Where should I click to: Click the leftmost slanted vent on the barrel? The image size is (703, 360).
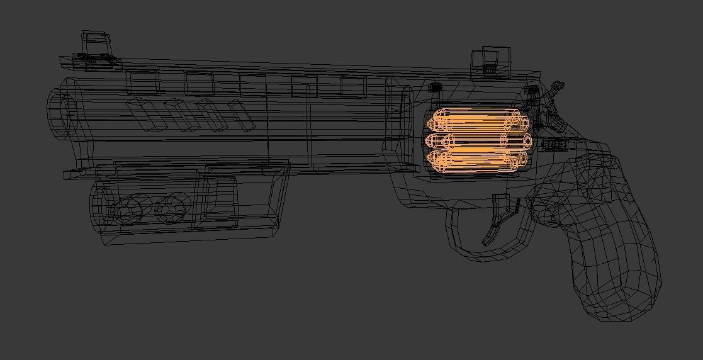pos(143,115)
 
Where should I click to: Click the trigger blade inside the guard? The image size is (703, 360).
pos(497,220)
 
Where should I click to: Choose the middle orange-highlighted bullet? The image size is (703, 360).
pos(478,140)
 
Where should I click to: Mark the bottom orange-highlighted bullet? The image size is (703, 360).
pos(478,160)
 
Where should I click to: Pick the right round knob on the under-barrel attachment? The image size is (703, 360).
pos(172,208)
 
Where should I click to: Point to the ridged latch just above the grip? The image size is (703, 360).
pos(553,145)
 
